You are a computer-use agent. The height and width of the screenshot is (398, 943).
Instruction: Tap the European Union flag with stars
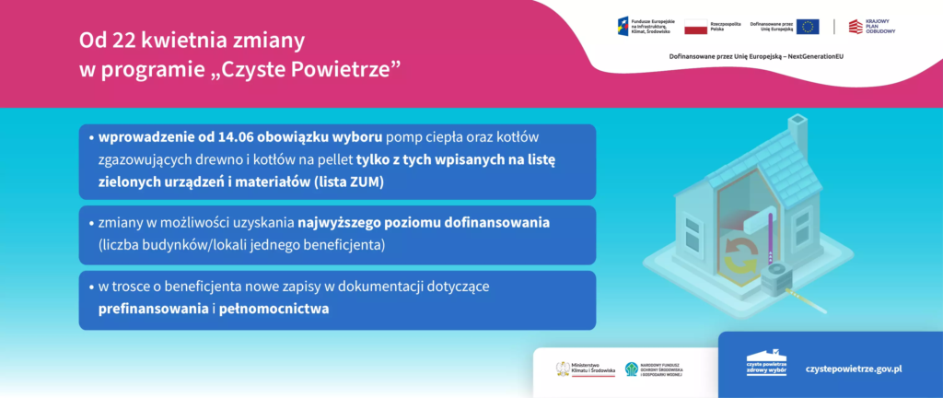808,26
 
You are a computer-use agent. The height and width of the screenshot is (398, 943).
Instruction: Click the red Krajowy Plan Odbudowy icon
856,27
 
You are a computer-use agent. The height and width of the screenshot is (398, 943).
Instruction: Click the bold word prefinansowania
153,309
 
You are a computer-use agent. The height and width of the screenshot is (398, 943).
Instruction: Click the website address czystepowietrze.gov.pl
853,368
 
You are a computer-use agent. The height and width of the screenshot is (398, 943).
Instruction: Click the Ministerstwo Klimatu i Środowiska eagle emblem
563,369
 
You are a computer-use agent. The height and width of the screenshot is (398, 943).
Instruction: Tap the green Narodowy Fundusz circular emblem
632,369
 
